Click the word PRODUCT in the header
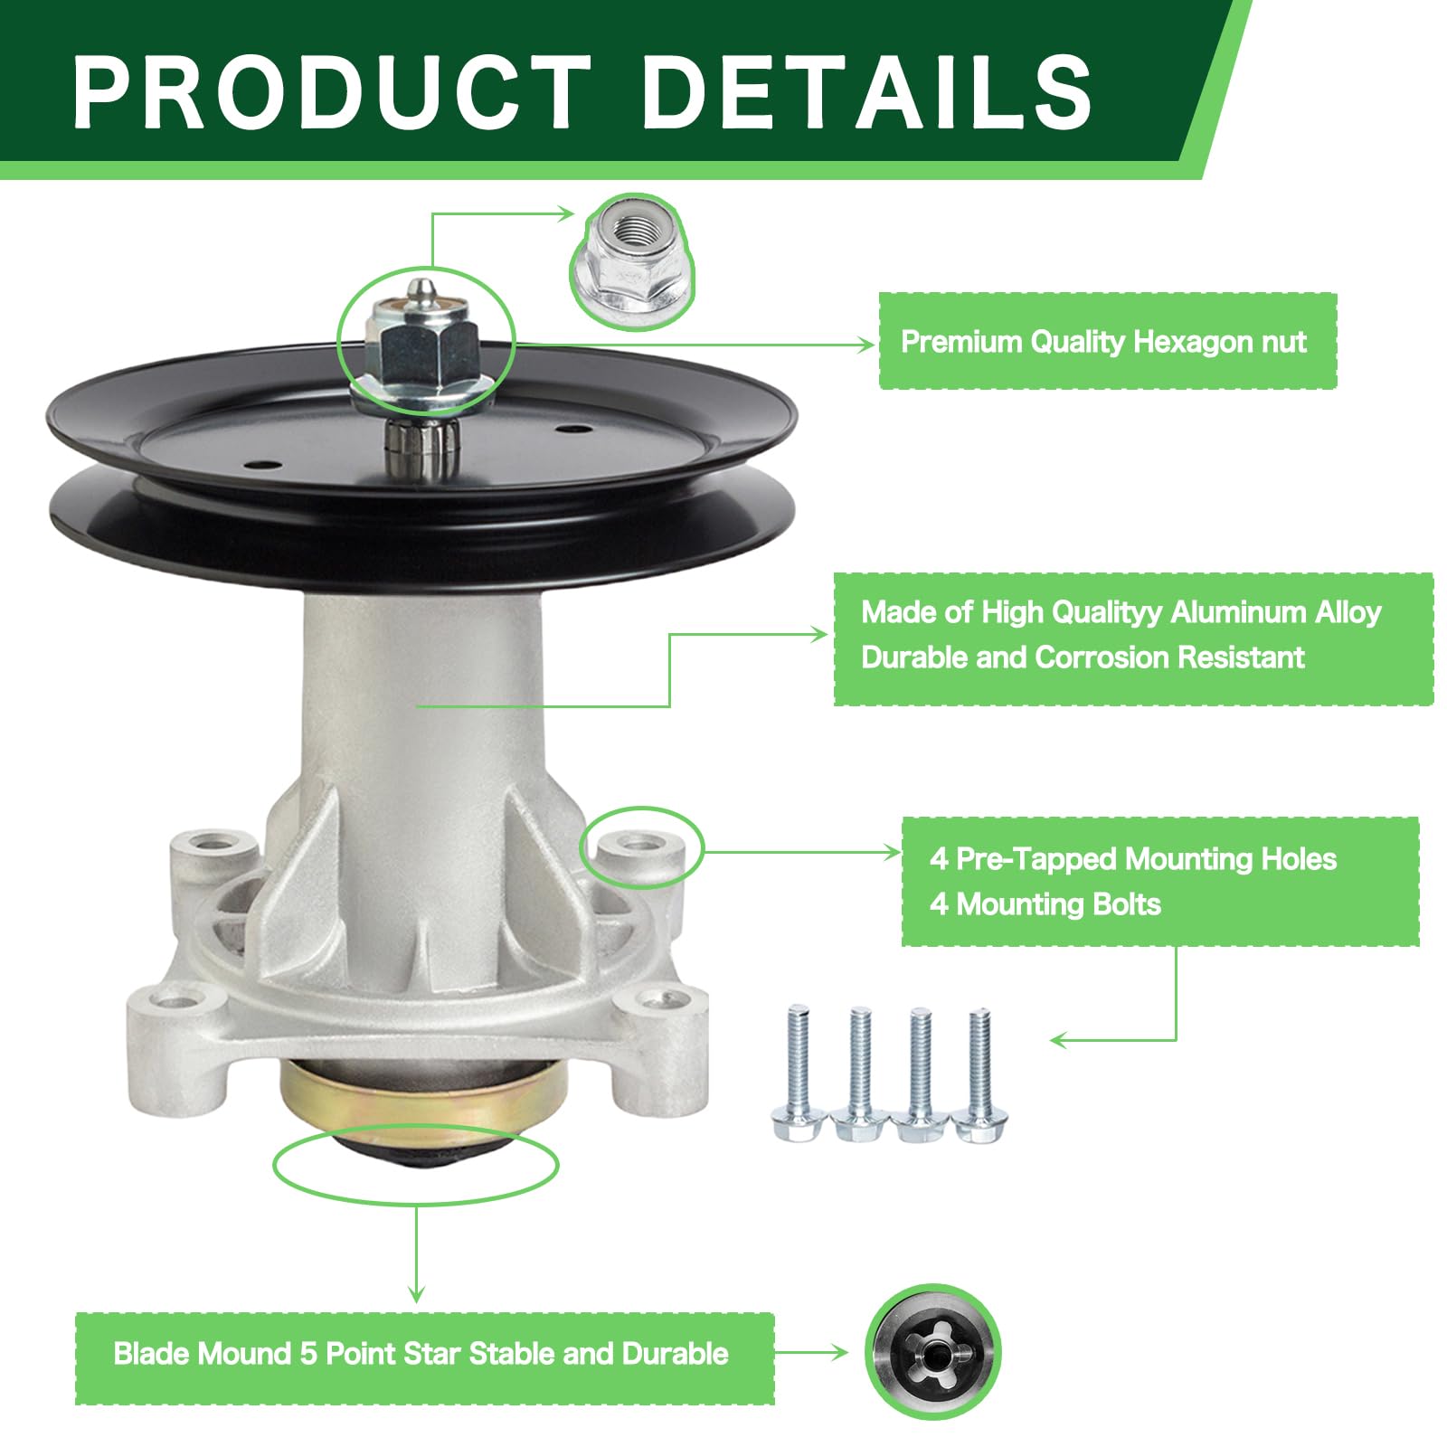(331, 90)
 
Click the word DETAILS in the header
(866, 90)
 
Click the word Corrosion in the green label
(1102, 657)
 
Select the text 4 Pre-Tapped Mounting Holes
(1132, 858)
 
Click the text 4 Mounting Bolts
(1045, 904)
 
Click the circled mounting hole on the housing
(641, 845)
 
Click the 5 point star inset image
(932, 1352)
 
